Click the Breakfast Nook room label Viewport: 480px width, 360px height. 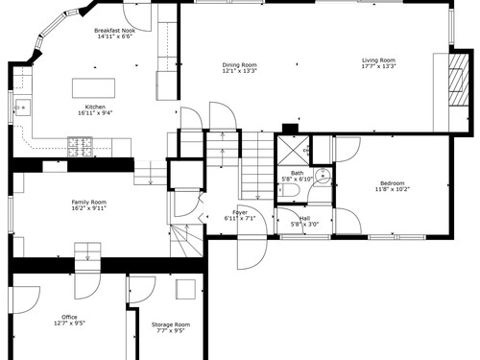pyautogui.click(x=114, y=31)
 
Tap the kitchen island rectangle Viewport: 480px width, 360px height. pyautogui.click(x=93, y=88)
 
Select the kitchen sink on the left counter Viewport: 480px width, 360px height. pyautogui.click(x=23, y=108)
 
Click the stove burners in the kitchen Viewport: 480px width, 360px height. pyautogui.click(x=80, y=147)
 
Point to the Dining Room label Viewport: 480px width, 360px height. pyautogui.click(x=240, y=65)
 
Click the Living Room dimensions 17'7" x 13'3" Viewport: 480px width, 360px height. pyautogui.click(x=379, y=66)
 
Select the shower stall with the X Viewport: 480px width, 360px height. pyautogui.click(x=294, y=151)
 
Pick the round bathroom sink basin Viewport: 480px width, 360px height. pyautogui.click(x=323, y=175)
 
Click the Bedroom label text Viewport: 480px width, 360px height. pyautogui.click(x=393, y=183)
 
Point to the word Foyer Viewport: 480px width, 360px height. pyautogui.click(x=240, y=213)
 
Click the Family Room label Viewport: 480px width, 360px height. pyautogui.click(x=89, y=203)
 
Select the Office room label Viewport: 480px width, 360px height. pyautogui.click(x=69, y=317)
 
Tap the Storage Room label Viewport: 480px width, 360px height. pyautogui.click(x=171, y=324)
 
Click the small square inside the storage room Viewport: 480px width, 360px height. pyautogui.click(x=185, y=289)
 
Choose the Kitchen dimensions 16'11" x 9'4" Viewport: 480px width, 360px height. pyautogui.click(x=95, y=113)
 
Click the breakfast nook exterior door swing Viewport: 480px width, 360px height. pyautogui.click(x=137, y=17)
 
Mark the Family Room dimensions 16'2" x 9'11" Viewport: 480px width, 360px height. pyautogui.click(x=89, y=208)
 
